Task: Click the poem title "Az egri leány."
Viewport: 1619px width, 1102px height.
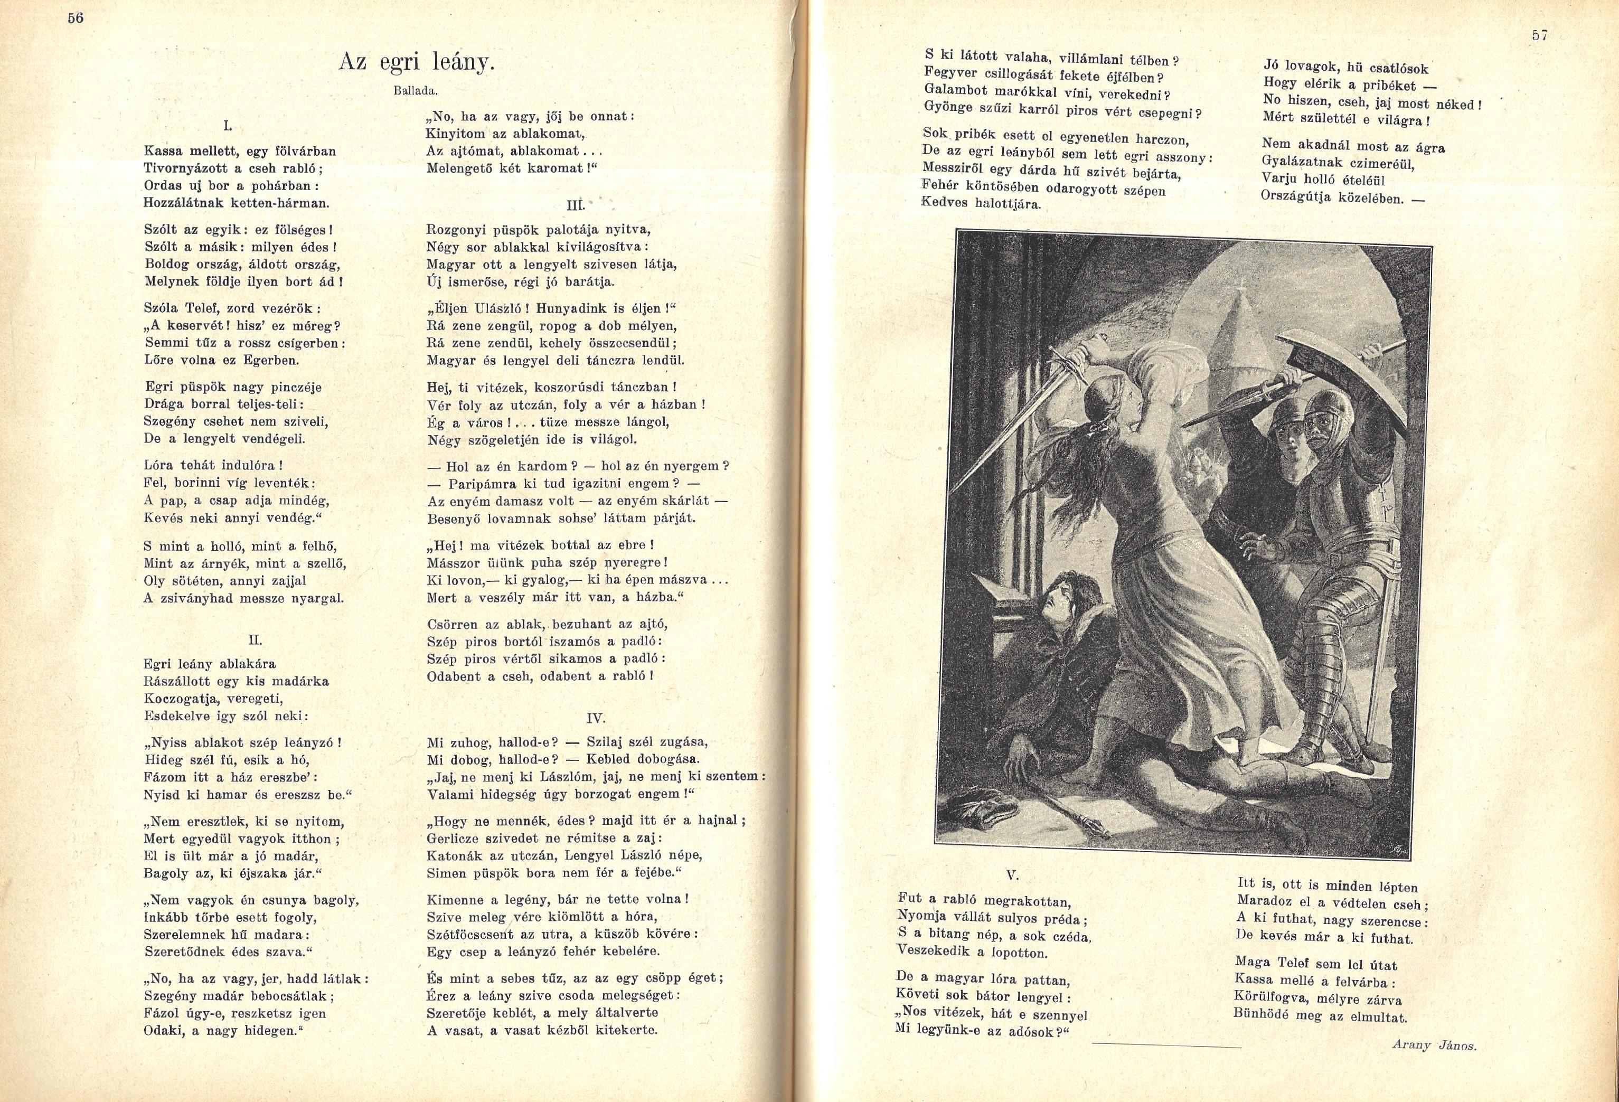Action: point(416,63)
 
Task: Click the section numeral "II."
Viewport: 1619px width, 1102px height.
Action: point(255,639)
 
